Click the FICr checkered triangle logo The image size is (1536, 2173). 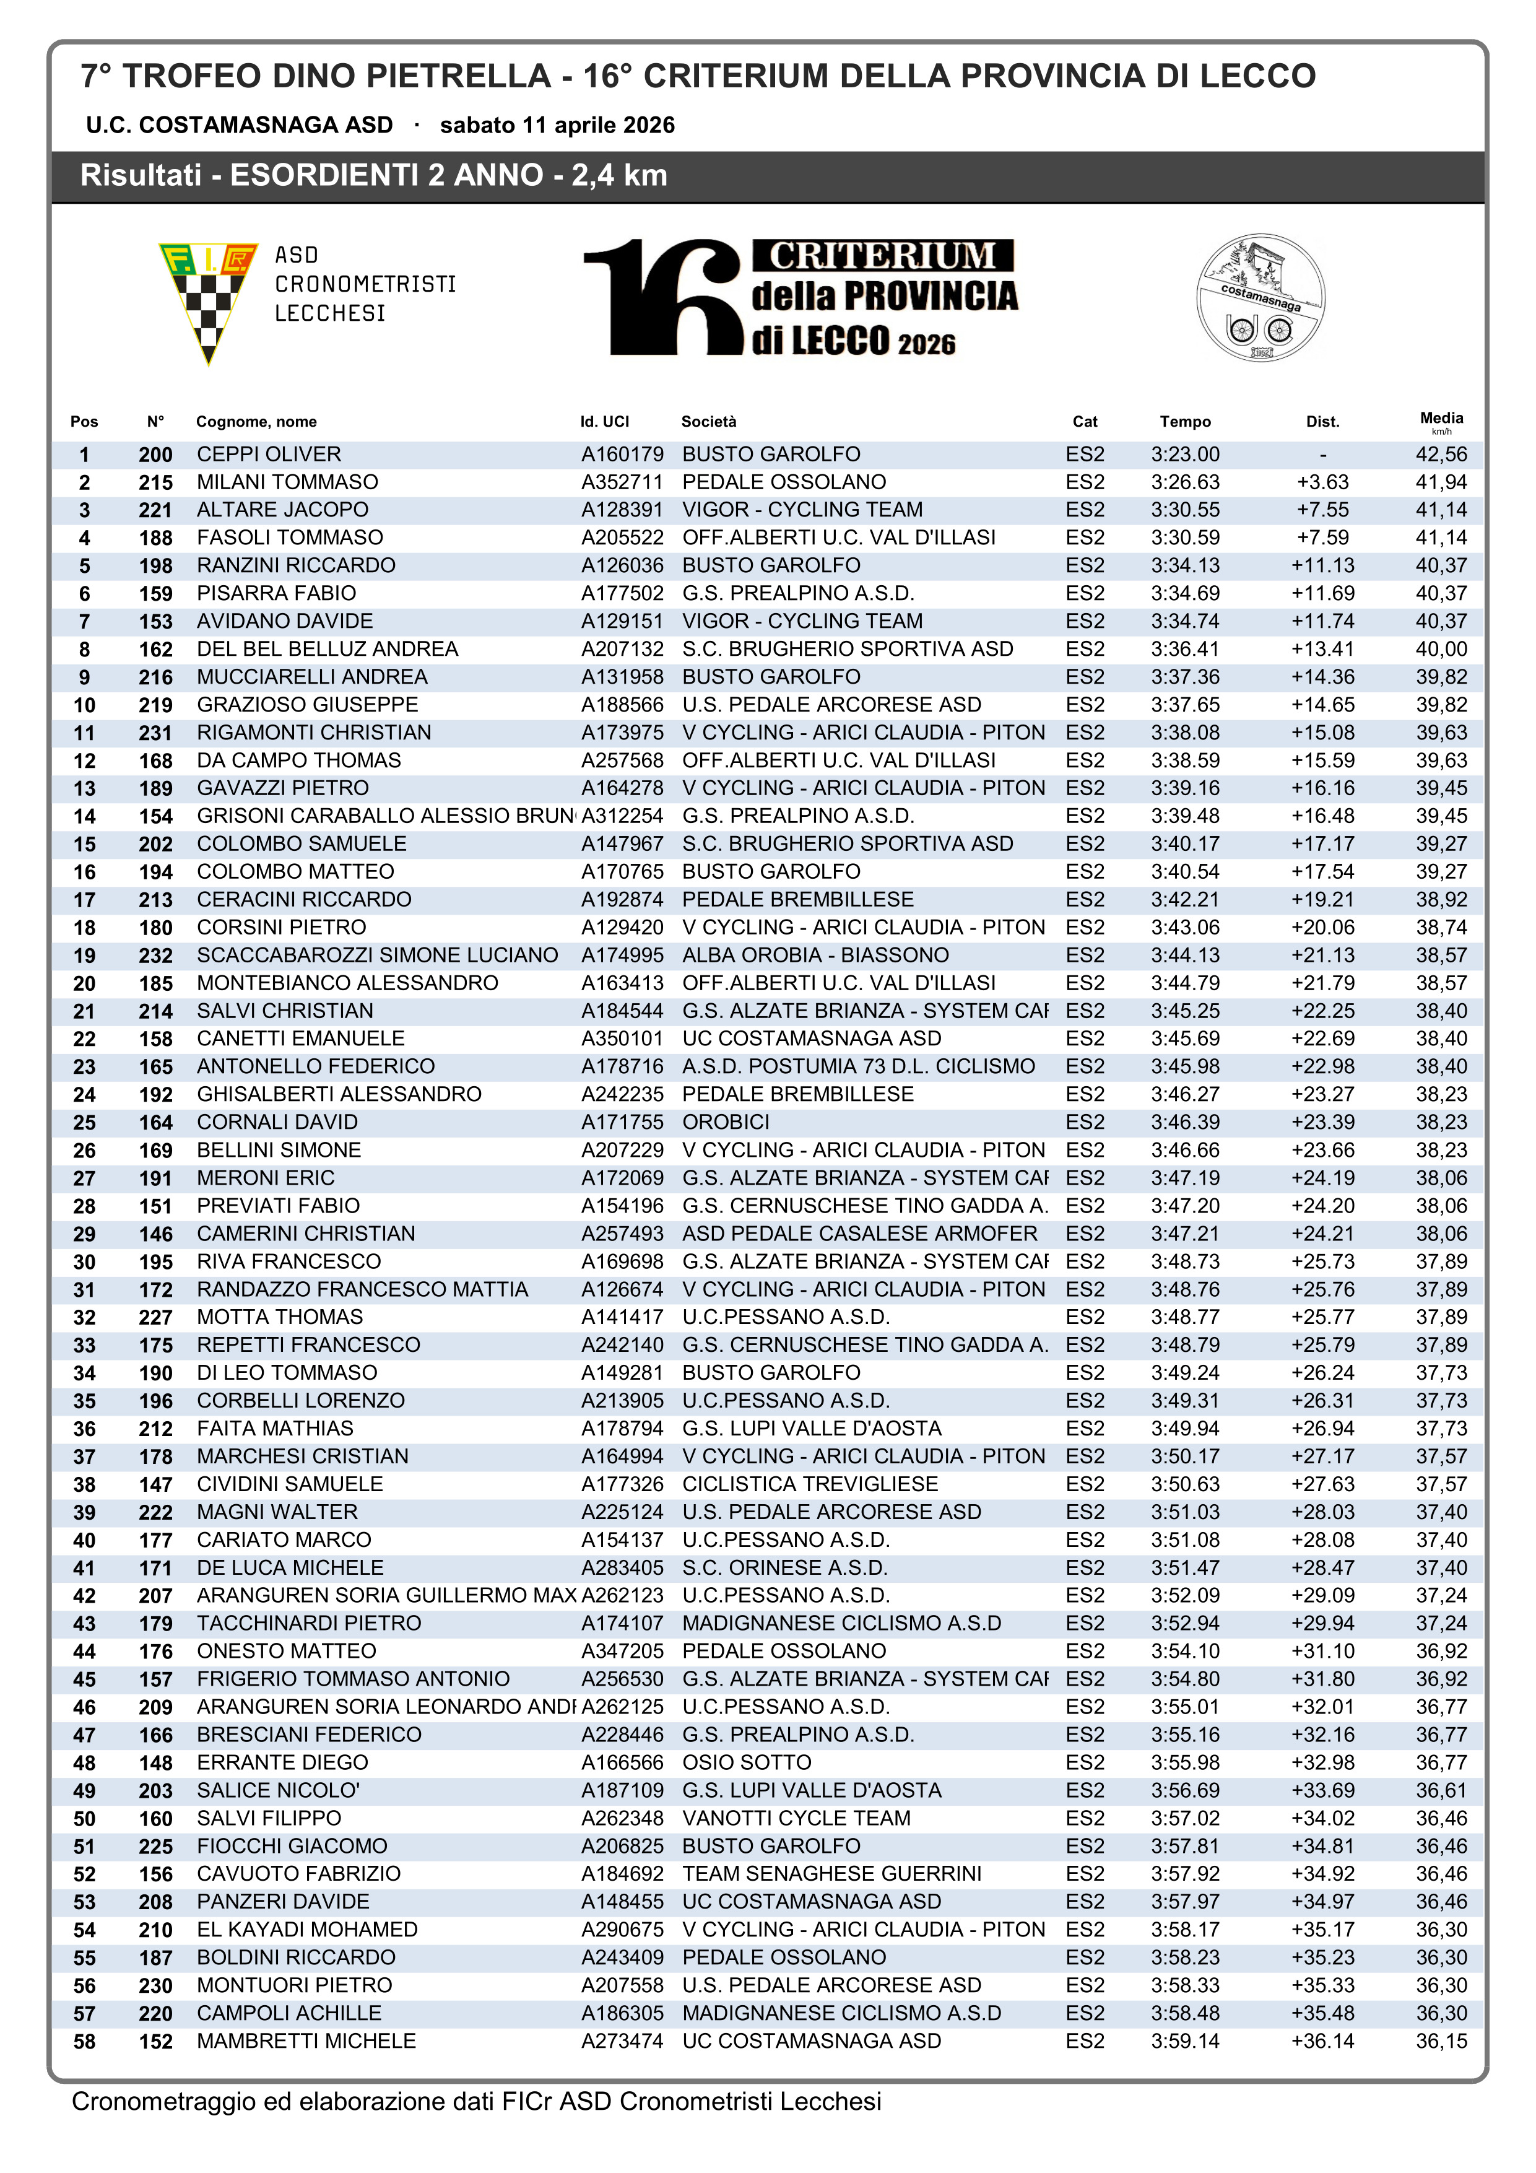click(x=208, y=298)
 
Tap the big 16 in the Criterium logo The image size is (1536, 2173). click(x=662, y=297)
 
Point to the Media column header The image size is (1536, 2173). click(x=1441, y=419)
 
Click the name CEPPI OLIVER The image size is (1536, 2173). click(x=269, y=455)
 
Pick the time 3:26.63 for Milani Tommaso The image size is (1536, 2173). click(x=1185, y=482)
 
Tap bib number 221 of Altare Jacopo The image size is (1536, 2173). click(x=155, y=510)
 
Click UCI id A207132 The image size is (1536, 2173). click(x=622, y=649)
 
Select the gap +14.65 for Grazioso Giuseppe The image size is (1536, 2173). click(x=1322, y=705)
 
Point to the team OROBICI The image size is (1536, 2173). click(x=726, y=1123)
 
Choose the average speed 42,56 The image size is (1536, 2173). click(x=1441, y=455)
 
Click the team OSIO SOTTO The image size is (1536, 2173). click(x=747, y=1763)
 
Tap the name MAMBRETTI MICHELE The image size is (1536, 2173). click(x=306, y=2042)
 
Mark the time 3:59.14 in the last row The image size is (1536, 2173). click(x=1185, y=2042)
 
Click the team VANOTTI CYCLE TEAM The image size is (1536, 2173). click(x=796, y=1819)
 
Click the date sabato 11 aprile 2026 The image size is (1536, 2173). click(x=557, y=126)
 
